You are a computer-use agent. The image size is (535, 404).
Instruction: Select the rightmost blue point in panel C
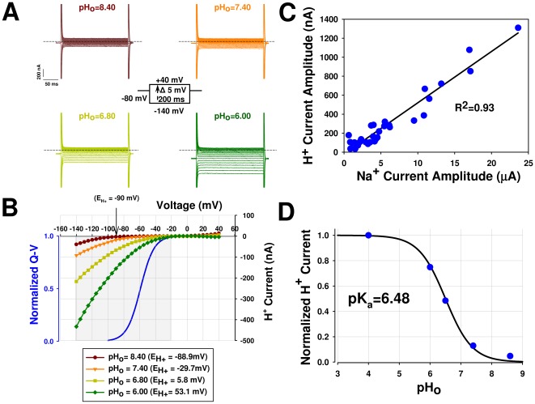pos(518,28)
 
